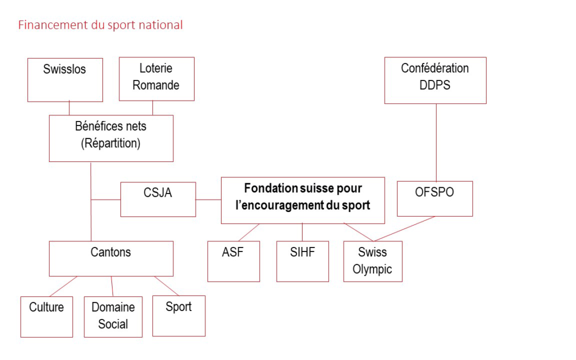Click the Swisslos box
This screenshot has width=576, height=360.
click(x=65, y=80)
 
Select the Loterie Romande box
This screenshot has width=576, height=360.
click(x=156, y=78)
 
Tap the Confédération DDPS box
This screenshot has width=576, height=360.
click(x=435, y=80)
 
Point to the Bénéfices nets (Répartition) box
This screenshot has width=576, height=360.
click(x=111, y=138)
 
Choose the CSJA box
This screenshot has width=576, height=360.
click(x=158, y=199)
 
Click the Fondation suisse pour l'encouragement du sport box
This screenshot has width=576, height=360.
click(x=303, y=200)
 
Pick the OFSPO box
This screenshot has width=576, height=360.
click(x=435, y=199)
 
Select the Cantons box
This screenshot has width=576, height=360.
click(x=111, y=259)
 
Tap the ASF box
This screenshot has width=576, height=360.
click(x=233, y=261)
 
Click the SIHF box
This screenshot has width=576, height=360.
click(x=303, y=261)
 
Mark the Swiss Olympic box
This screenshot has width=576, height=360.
click(x=372, y=261)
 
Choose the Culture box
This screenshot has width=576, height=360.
click(x=47, y=316)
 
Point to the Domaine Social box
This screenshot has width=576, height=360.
click(x=113, y=316)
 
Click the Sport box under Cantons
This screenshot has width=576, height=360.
click(x=179, y=316)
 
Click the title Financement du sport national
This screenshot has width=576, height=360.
click(x=101, y=25)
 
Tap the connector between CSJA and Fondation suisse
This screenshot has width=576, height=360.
click(x=208, y=199)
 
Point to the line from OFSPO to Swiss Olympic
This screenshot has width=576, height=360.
click(x=405, y=229)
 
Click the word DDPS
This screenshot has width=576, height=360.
click(x=435, y=85)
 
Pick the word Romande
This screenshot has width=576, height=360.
click(x=156, y=85)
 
